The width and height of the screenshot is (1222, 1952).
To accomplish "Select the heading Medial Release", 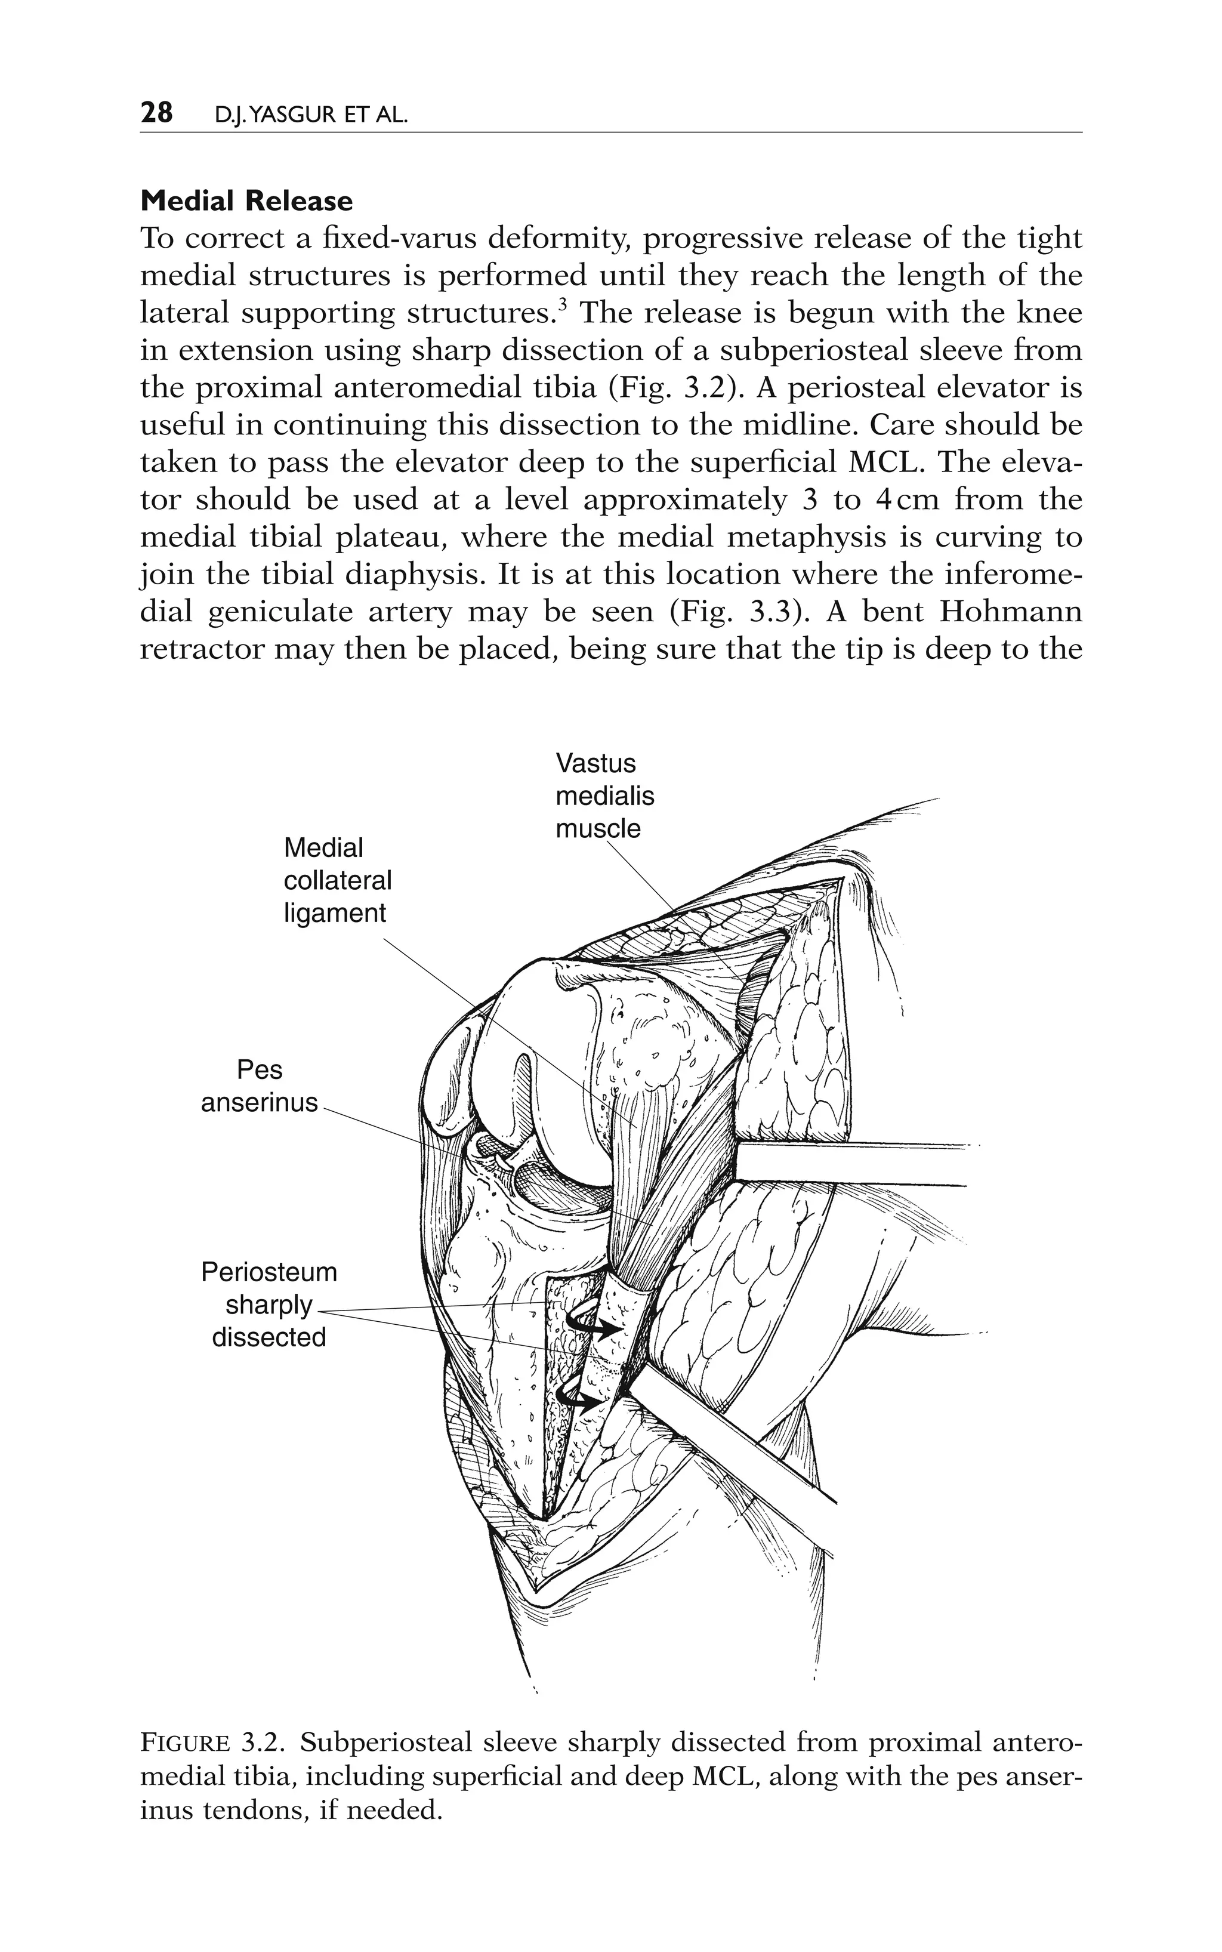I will coord(246,201).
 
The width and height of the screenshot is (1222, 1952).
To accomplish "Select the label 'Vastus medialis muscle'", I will coord(604,796).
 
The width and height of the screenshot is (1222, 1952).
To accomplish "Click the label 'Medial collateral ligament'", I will coord(337,880).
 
